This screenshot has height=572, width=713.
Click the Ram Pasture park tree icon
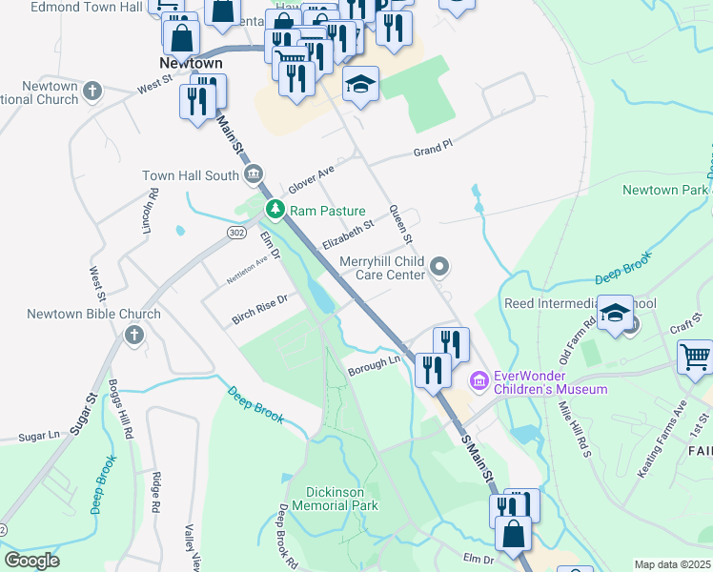tap(275, 209)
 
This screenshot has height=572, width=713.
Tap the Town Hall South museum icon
tap(254, 174)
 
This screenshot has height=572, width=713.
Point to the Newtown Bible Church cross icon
tap(133, 335)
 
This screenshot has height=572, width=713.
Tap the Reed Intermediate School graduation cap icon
tap(616, 314)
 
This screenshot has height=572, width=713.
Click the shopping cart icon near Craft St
tap(695, 357)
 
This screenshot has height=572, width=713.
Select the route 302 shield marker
tap(237, 232)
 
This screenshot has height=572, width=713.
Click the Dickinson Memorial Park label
tap(341, 499)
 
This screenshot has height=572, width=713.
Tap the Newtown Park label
tap(664, 190)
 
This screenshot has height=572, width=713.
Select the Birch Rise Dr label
tap(260, 309)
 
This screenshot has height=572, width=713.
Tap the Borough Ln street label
tap(374, 364)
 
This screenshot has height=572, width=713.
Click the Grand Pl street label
tap(431, 152)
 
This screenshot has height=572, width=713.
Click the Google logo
tap(31, 561)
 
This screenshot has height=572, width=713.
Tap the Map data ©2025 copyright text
tap(671, 564)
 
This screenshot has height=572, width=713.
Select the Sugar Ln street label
tap(38, 435)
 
